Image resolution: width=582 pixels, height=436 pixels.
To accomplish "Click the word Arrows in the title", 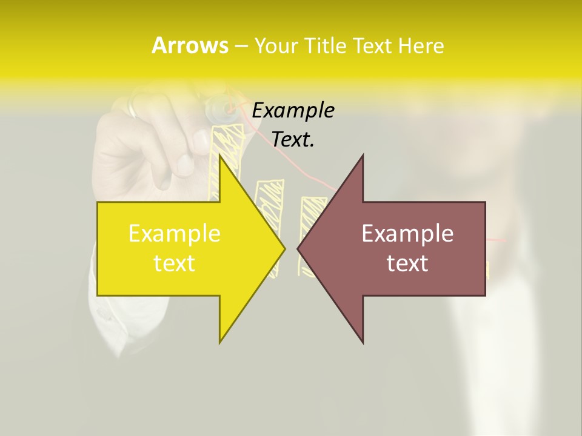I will pos(190,45).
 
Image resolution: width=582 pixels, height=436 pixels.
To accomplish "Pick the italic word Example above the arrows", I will pos(293,111).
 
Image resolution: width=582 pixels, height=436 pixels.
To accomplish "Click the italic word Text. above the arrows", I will pos(293,140).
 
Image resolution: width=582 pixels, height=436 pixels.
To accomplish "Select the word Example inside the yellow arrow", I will pos(174,234).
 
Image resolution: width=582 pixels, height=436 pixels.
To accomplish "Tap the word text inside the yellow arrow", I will pos(174,263).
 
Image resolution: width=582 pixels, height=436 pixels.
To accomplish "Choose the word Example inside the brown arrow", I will pos(407,234).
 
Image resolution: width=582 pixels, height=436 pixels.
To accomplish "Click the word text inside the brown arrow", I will pos(407,263).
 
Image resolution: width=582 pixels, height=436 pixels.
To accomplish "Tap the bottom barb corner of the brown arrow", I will pos(363,342).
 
